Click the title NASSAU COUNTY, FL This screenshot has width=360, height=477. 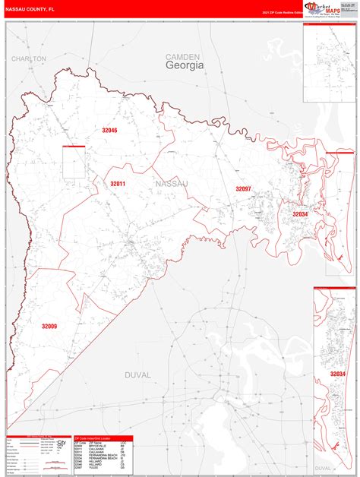[31, 9]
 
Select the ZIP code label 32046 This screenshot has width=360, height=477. [111, 131]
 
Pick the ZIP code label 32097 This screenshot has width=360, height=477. [243, 188]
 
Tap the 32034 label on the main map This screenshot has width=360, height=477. [301, 214]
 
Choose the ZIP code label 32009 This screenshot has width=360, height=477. [50, 326]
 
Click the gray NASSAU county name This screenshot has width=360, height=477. [169, 185]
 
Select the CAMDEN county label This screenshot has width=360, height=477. [183, 56]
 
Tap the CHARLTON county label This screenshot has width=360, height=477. [29, 58]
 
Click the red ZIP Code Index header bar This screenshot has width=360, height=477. [103, 438]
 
